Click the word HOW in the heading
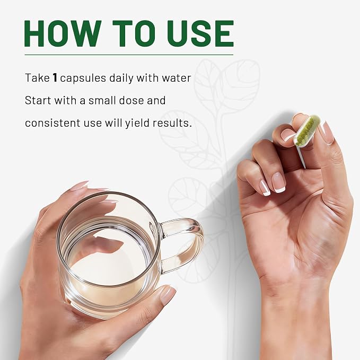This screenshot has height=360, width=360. (63, 33)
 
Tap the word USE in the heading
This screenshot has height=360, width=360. (200, 33)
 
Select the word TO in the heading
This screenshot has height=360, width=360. (135, 33)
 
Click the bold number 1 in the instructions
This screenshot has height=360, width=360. (55, 77)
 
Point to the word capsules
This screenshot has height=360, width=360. (83, 78)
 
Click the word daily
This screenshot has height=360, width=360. (121, 78)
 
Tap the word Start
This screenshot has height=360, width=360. (38, 100)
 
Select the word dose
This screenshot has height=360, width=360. (132, 100)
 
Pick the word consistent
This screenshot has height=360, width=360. (52, 123)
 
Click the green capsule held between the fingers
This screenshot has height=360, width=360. (307, 130)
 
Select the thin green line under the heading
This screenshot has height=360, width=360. (129, 55)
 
